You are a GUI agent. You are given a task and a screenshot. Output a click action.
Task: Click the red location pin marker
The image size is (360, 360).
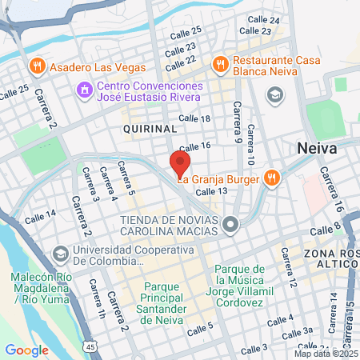[179, 165]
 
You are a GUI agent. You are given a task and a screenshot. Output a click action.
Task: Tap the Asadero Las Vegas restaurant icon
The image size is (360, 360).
[35, 66]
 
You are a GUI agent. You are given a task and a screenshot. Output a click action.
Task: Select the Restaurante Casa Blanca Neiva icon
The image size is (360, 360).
[218, 62]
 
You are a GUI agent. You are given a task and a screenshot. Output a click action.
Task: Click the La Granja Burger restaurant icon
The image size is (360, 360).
[272, 177]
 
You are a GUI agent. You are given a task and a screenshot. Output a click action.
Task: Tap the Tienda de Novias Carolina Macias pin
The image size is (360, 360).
[230, 224]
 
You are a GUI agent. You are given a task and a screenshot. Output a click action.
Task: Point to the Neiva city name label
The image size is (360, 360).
[317, 149]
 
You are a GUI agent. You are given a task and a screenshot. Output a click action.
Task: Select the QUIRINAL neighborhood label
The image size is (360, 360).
[150, 128]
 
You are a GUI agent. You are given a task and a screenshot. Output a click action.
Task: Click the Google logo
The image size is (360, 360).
[26, 350]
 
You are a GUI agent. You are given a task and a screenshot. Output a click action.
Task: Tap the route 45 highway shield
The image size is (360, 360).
[91, 346]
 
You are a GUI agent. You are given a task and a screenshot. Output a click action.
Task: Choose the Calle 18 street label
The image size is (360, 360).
[194, 118]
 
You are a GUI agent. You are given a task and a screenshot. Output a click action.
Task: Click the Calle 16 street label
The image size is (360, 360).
[194, 146]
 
